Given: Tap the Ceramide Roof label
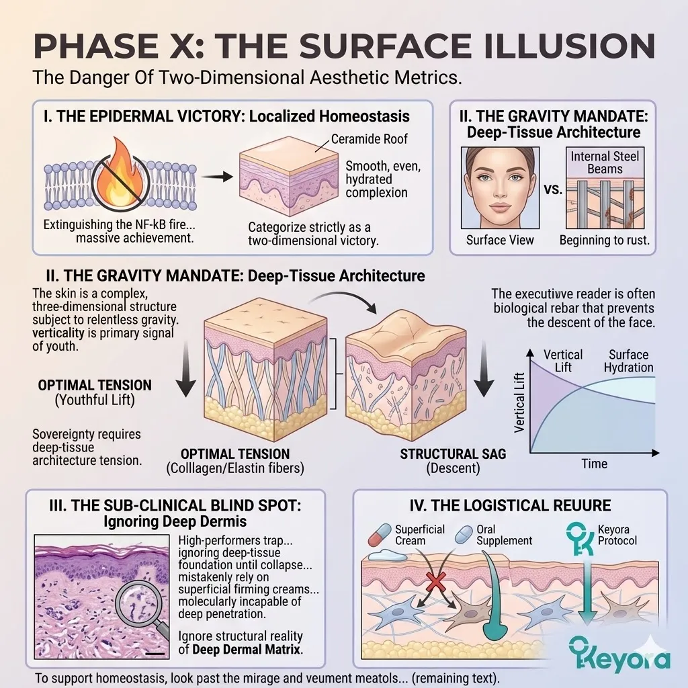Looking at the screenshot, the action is coord(369,139).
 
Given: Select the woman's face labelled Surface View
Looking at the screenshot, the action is coord(500,187).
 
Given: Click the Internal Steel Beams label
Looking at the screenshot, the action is coord(605,163).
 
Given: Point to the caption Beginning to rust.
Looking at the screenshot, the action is coord(604,241).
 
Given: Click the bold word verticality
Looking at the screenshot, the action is coord(58,333).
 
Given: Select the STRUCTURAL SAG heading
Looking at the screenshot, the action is coord(453,454).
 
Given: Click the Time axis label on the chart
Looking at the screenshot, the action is coord(594,464).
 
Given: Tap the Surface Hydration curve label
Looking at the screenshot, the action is coord(628,361).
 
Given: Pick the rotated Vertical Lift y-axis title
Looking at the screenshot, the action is coord(519,402).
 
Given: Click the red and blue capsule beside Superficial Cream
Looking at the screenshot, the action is coord(380,535).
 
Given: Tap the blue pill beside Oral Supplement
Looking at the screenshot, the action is coord(464,534).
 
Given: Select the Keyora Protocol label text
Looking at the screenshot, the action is coord(617,535).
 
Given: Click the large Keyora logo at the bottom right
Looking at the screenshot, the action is coord(619,656).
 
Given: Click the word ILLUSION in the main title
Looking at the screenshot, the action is coord(564,45).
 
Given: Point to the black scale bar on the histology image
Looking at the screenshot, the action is coord(155,654).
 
